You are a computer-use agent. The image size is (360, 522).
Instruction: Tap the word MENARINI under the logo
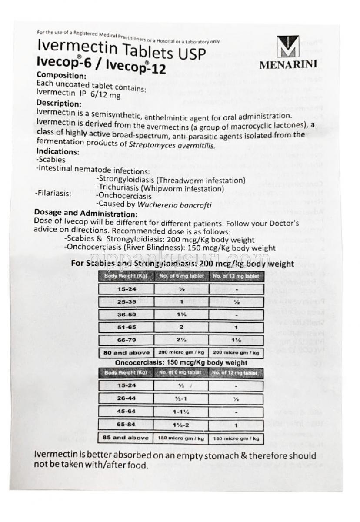287,66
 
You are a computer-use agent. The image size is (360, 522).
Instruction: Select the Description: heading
59,104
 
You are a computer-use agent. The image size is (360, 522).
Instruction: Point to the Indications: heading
58,152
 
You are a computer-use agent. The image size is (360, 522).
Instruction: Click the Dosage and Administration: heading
87,214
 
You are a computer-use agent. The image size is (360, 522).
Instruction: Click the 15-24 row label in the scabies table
127,289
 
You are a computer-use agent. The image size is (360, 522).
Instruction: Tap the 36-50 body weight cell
127,315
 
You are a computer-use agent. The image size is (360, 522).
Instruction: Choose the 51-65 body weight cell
127,328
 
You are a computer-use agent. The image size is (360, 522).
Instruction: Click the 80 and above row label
127,353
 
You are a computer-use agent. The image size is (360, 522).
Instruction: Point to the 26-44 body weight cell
127,398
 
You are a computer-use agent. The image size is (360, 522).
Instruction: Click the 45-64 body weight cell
127,411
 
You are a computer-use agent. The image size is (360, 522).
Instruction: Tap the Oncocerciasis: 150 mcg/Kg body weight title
181,363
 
